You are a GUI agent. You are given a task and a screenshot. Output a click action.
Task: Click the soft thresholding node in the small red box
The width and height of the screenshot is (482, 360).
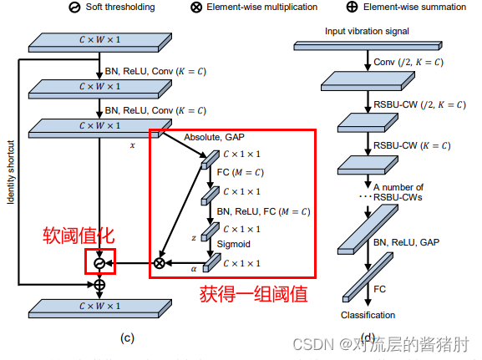99,263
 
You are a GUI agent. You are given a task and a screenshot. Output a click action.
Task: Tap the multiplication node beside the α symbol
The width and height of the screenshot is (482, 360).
159,263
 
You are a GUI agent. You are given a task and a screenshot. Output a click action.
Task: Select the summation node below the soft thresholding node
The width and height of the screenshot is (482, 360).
99,284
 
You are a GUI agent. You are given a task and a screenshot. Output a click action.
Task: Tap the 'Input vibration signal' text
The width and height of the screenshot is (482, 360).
364,31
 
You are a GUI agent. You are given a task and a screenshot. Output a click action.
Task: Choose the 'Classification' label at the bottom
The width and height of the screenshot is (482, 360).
368,315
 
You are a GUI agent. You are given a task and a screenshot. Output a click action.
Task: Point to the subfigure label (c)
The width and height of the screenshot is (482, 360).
126,337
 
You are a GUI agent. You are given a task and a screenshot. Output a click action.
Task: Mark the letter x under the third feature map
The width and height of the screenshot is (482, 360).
133,145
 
